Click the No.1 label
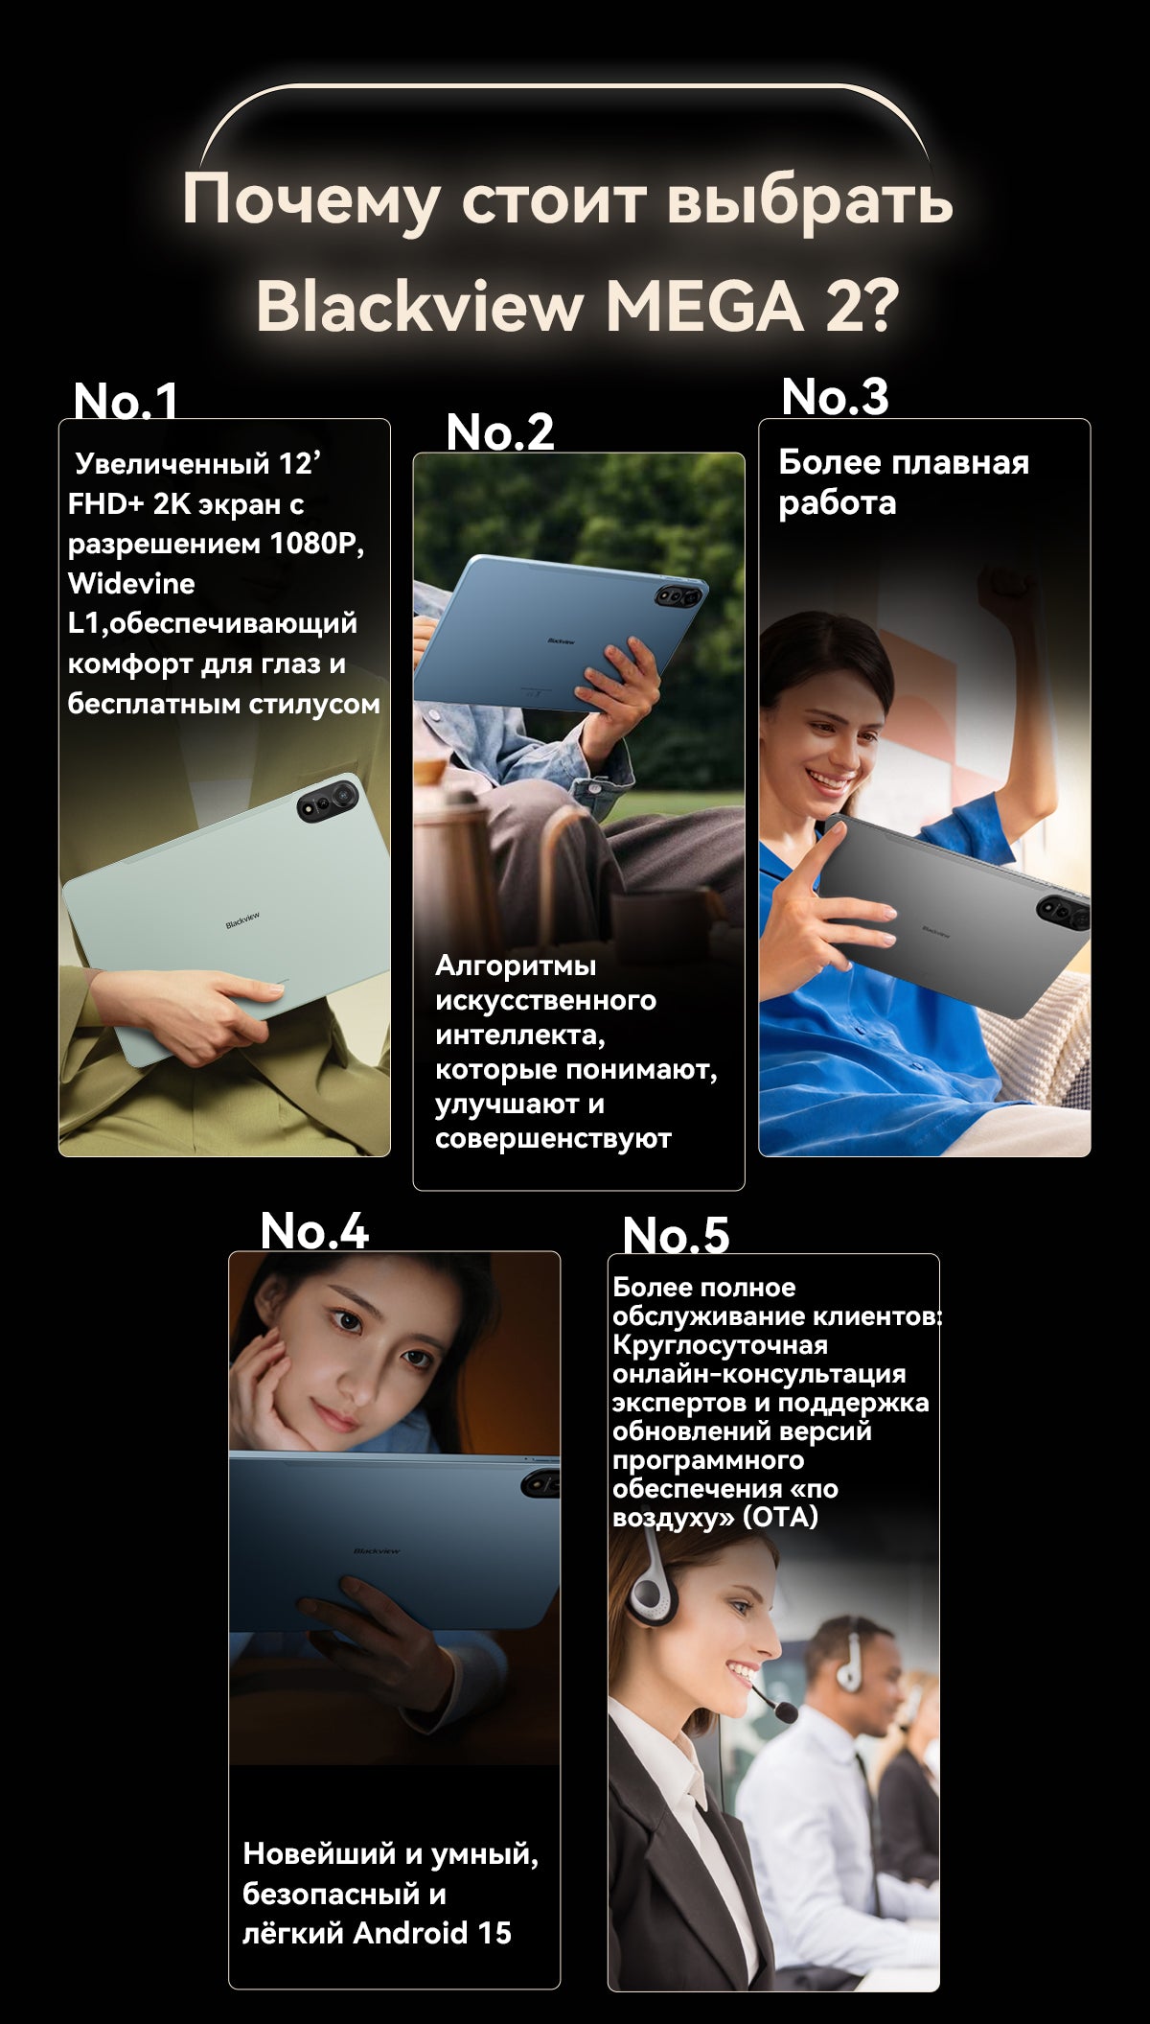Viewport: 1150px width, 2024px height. (x=126, y=400)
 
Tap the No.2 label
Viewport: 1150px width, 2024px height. (x=500, y=431)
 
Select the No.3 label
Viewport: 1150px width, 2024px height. (x=835, y=396)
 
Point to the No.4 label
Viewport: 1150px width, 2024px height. (x=314, y=1230)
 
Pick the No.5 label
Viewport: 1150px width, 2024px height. (x=676, y=1235)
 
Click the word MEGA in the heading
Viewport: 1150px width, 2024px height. (x=704, y=307)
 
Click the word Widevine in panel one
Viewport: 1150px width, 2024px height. (x=131, y=583)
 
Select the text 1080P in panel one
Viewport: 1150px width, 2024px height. (x=316, y=544)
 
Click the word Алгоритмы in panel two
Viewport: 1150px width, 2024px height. (x=516, y=965)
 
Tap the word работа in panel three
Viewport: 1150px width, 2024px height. (x=837, y=502)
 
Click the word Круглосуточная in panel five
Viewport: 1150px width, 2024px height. (x=720, y=1344)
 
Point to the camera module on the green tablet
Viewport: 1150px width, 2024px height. (x=328, y=801)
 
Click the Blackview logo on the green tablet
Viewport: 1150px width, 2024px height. (x=242, y=920)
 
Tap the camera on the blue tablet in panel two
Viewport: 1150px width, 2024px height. (x=678, y=597)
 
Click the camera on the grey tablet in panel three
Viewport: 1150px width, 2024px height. (x=1064, y=912)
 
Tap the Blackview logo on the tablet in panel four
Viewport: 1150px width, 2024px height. (x=377, y=1550)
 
